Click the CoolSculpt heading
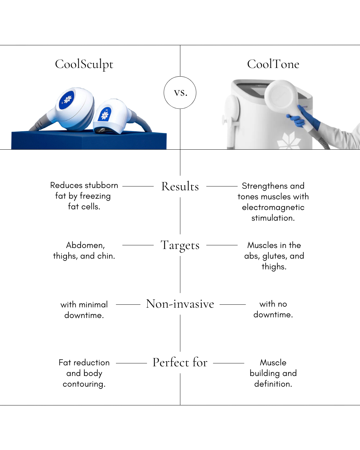click(84, 64)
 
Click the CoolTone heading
click(273, 64)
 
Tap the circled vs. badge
click(180, 93)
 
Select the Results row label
click(180, 186)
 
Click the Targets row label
click(180, 245)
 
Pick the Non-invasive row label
click(180, 304)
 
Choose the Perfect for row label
click(180, 362)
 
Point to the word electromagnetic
click(273, 207)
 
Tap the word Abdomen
click(85, 245)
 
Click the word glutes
click(274, 256)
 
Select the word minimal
click(93, 305)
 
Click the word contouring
click(84, 384)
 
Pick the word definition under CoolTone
click(273, 384)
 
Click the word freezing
click(95, 196)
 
